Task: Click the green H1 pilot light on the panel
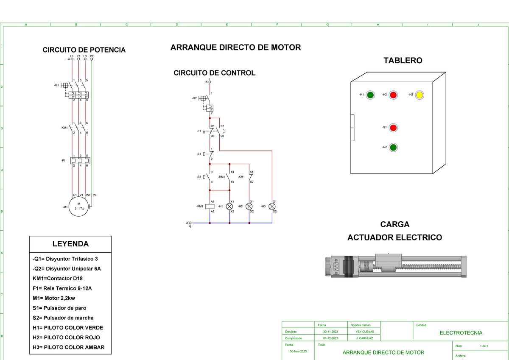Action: [x=370, y=95]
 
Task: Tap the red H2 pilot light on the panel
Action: [x=393, y=95]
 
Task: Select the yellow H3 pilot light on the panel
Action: [x=420, y=95]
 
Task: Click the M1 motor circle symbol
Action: [x=79, y=207]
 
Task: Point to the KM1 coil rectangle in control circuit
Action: [x=210, y=207]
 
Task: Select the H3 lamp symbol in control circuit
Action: [x=272, y=207]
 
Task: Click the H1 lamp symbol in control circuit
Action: [x=229, y=207]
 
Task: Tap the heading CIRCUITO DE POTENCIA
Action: [x=84, y=50]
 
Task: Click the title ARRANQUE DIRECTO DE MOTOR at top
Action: [x=235, y=47]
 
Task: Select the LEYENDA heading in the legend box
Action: [x=70, y=244]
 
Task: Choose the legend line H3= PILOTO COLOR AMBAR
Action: [x=68, y=348]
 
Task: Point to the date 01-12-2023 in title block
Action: [x=330, y=338]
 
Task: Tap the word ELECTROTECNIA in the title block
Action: [x=461, y=333]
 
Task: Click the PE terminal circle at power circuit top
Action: [x=92, y=59]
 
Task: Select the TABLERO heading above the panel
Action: [x=403, y=61]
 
